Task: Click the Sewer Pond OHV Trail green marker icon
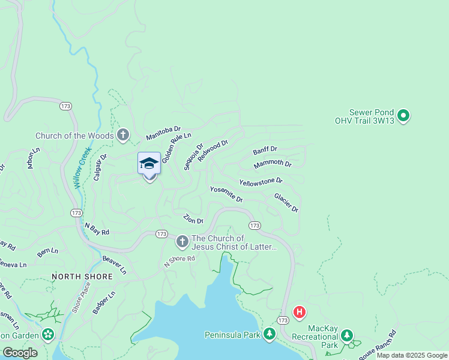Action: pyautogui.click(x=403, y=115)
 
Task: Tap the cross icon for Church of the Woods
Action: pyautogui.click(x=123, y=135)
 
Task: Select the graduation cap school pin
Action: pyautogui.click(x=149, y=164)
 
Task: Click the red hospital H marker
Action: pyautogui.click(x=299, y=312)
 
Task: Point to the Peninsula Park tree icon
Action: pyautogui.click(x=270, y=334)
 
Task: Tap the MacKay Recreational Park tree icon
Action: pyautogui.click(x=347, y=337)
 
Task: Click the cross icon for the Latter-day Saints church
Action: pyautogui.click(x=182, y=242)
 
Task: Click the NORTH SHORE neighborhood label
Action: pyautogui.click(x=82, y=277)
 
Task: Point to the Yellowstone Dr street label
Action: pyautogui.click(x=261, y=181)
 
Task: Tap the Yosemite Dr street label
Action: pyautogui.click(x=226, y=194)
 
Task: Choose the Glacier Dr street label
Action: pyautogui.click(x=286, y=202)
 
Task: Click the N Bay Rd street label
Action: pyautogui.click(x=97, y=229)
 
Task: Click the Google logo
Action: pyautogui.click(x=20, y=352)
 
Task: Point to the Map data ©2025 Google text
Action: pyautogui.click(x=412, y=355)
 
